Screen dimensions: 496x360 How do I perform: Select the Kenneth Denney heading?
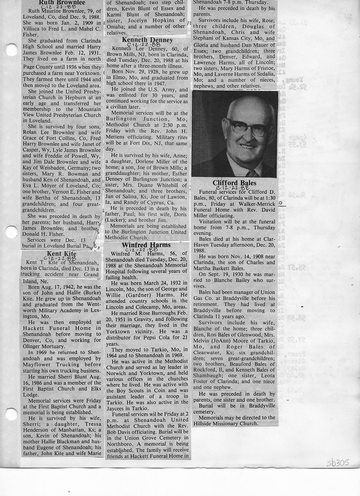pos(147,39)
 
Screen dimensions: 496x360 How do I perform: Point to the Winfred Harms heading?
pos(146,245)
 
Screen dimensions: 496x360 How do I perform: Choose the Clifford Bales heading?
pos(235,183)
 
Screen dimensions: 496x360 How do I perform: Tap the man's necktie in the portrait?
pos(251,173)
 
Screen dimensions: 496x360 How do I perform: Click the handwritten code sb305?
pos(337,462)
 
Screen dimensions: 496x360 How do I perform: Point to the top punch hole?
pos(10,49)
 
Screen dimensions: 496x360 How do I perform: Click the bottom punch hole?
pos(10,414)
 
